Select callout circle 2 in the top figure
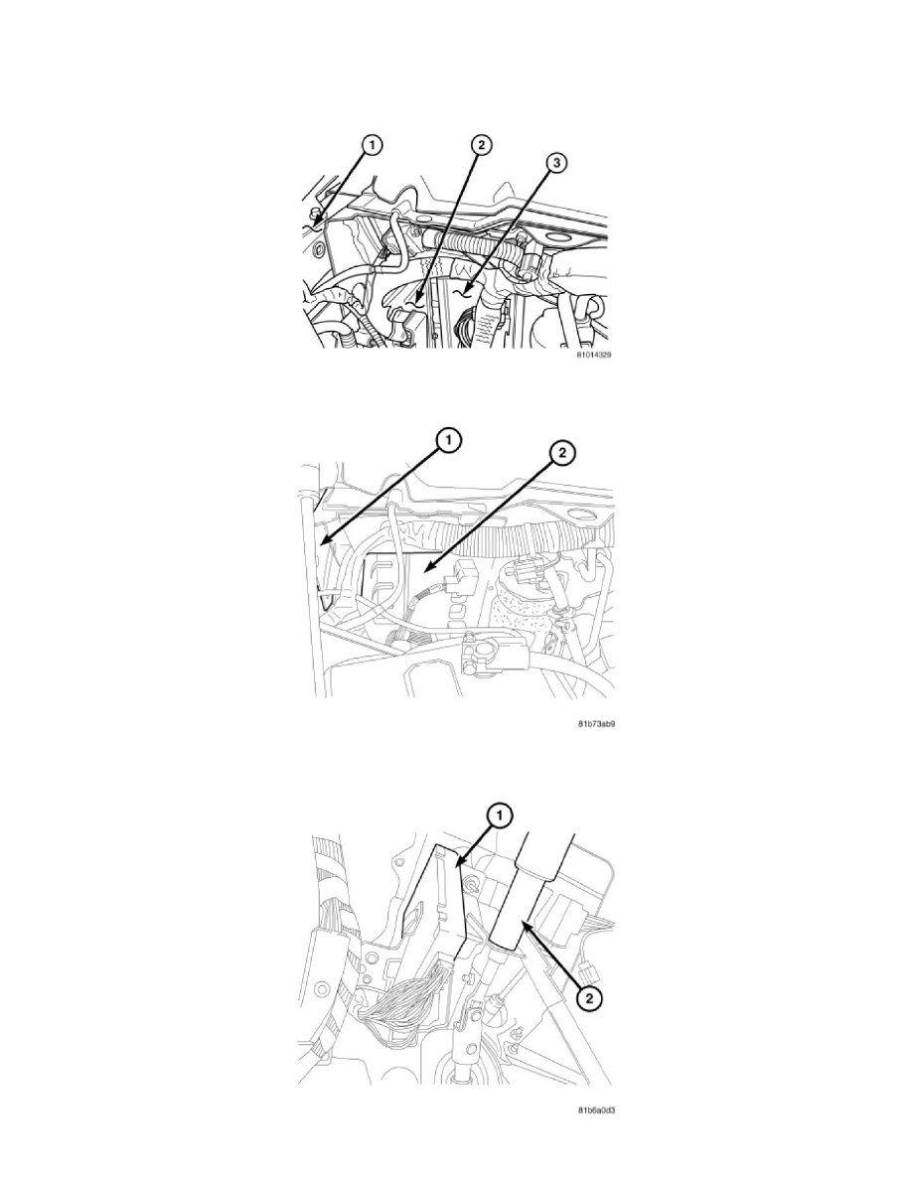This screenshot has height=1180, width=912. point(478,147)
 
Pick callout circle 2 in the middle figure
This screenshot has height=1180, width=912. point(561,455)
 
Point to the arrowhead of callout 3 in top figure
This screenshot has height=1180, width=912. point(457,294)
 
